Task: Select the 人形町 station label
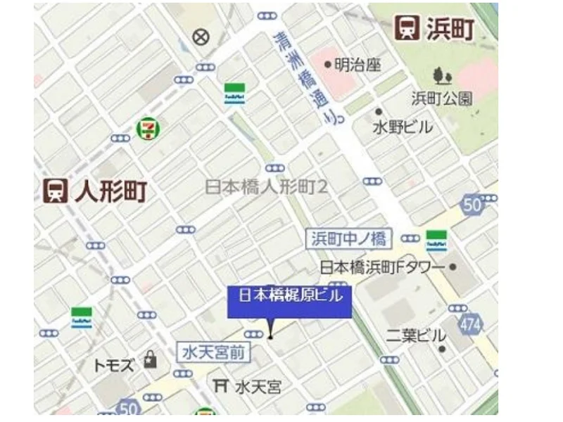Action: click(x=110, y=190)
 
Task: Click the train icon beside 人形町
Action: click(x=55, y=190)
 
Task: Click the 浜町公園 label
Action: click(x=442, y=98)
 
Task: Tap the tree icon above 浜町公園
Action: click(x=443, y=75)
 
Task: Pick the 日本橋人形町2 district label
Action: click(x=267, y=186)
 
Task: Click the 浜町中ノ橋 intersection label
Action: click(x=350, y=238)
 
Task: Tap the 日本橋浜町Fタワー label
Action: click(x=382, y=267)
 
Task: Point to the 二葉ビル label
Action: click(x=416, y=335)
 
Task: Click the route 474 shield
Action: click(x=471, y=324)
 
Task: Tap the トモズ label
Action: click(x=113, y=365)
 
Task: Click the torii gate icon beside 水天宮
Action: click(x=220, y=385)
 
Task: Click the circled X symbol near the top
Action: click(x=202, y=37)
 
